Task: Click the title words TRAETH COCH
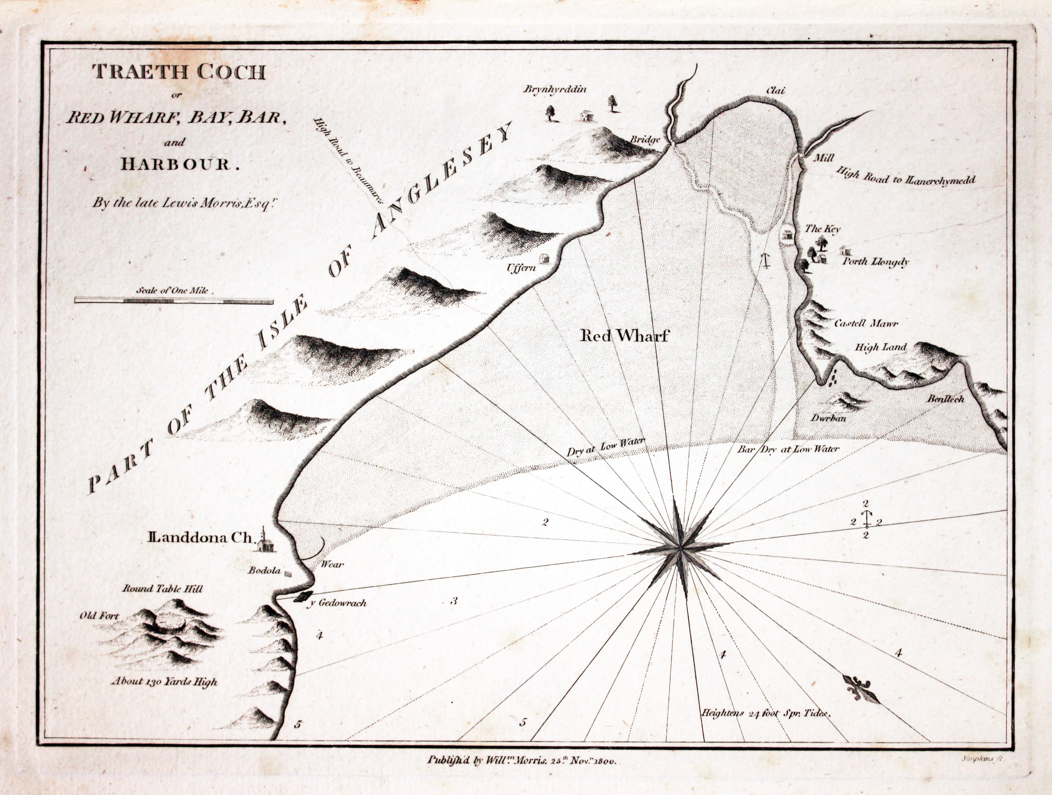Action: point(179,72)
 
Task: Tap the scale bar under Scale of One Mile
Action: point(174,301)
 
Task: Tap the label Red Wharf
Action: point(624,336)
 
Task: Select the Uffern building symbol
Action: point(544,258)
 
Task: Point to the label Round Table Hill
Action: point(163,589)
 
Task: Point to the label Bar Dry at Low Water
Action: point(788,449)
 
